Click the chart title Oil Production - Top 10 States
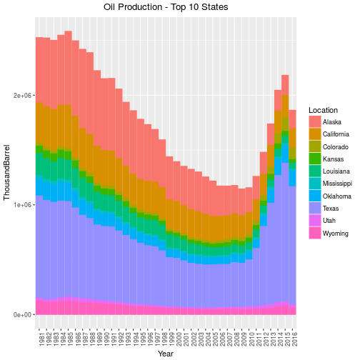coord(166,7)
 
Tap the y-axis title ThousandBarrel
coord(6,172)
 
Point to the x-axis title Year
coord(166,354)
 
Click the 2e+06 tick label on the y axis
coord(23,96)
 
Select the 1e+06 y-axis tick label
coord(23,205)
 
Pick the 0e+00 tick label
coord(23,315)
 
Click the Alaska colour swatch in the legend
coord(315,121)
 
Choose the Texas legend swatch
coord(315,208)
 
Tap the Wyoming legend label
coord(336,234)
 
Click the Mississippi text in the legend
coord(337,184)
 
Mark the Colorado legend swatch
coord(315,146)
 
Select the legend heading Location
coord(323,110)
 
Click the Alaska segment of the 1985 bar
coord(69,68)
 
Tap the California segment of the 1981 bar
coord(39,122)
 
